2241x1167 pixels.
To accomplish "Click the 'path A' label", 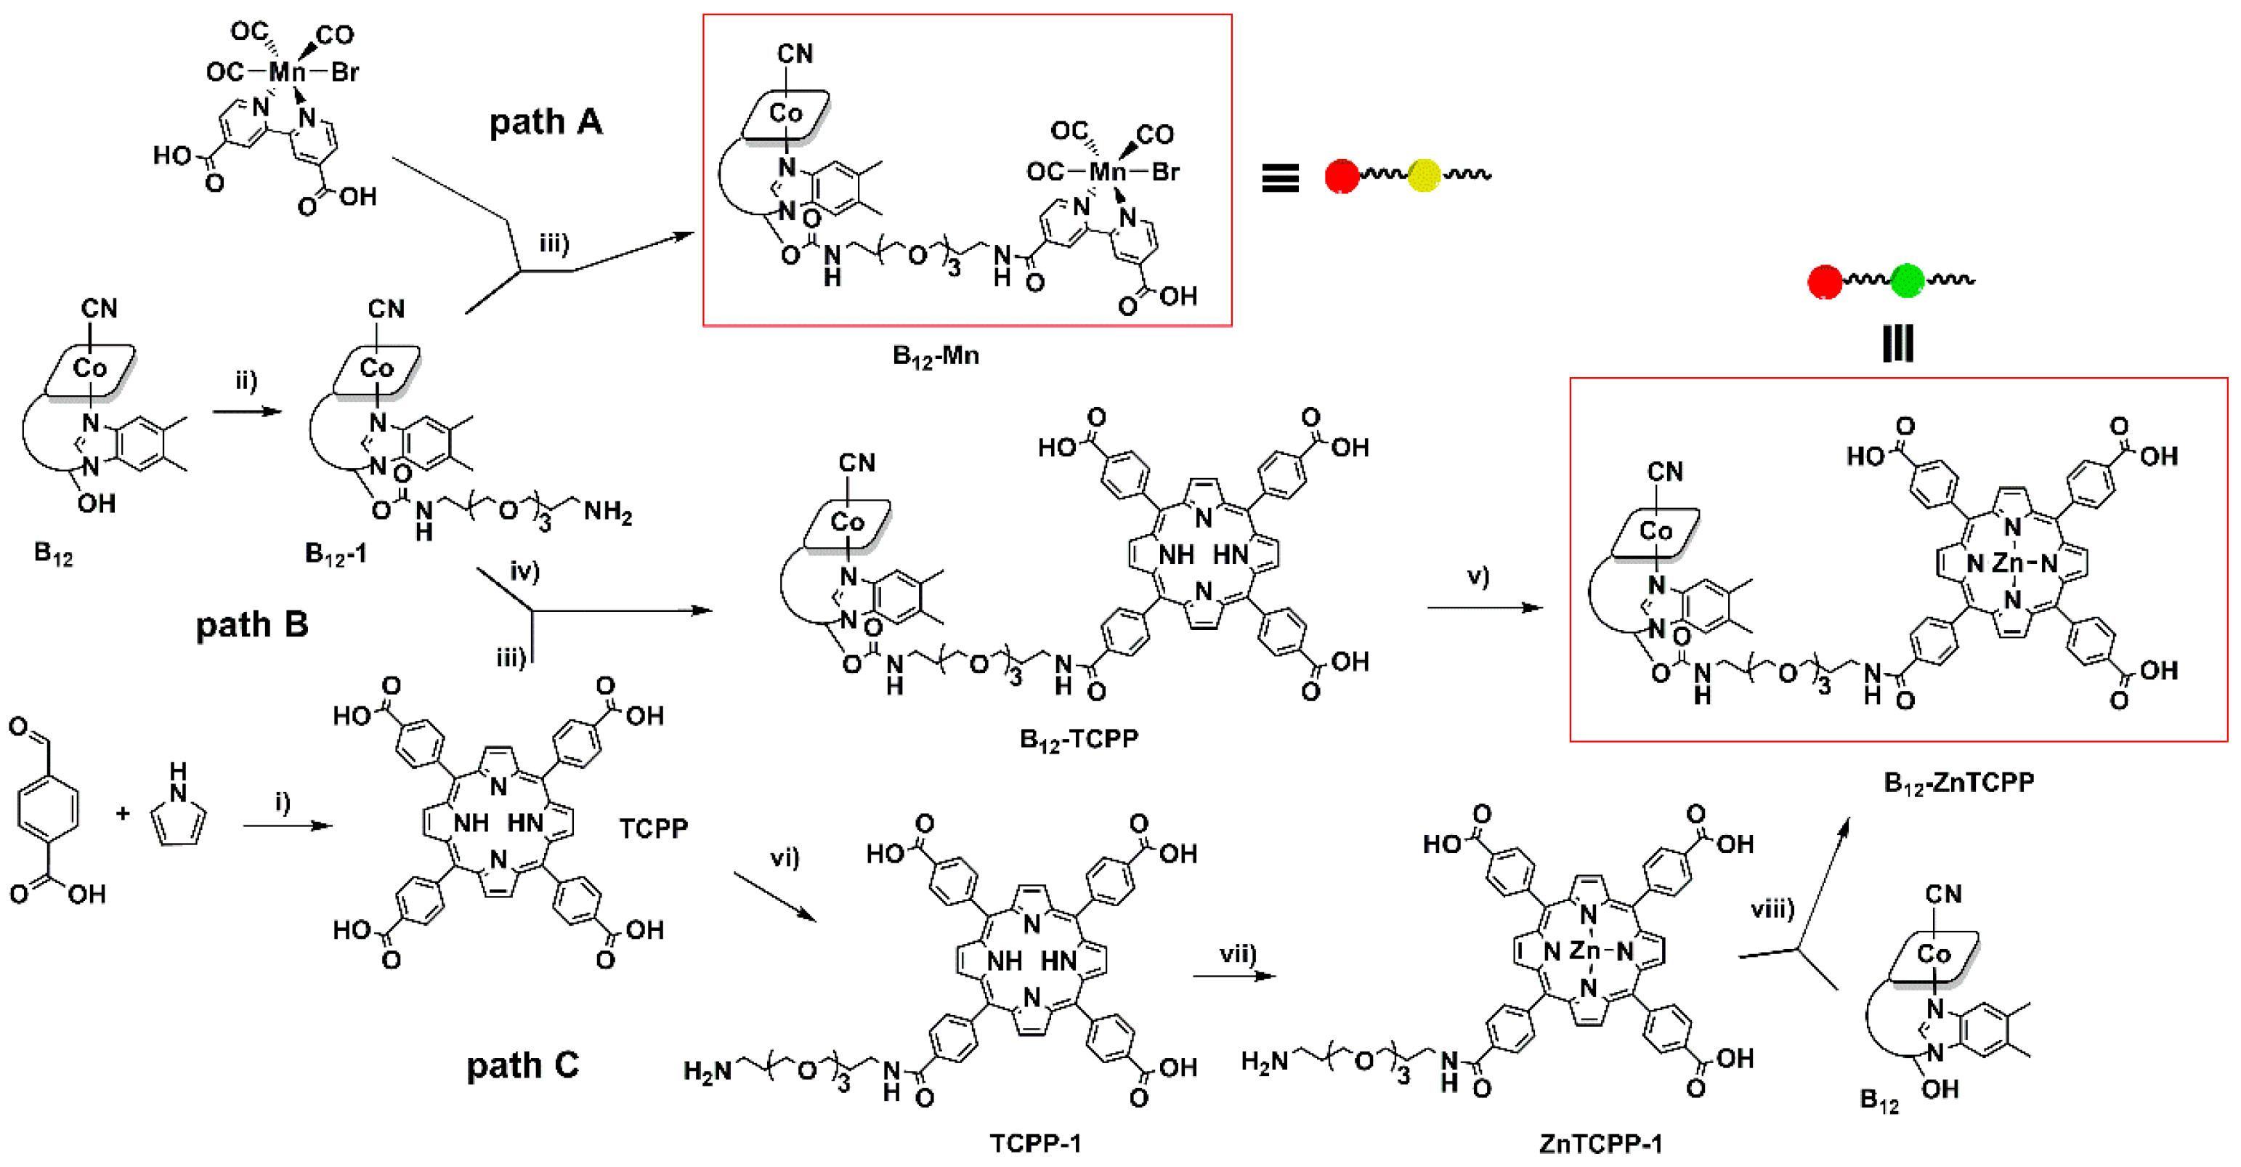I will tap(546, 122).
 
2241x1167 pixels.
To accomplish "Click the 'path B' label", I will tap(251, 624).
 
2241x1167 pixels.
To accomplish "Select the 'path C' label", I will tap(522, 1065).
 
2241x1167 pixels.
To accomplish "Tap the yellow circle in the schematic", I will tap(1423, 175).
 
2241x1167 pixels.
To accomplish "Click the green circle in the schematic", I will tap(1907, 280).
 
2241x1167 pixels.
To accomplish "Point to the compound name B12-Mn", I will tap(935, 356).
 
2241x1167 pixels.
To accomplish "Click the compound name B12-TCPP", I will tap(1078, 739).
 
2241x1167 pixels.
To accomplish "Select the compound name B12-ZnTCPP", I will tap(1958, 783).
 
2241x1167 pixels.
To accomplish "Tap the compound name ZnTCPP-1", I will tap(1600, 1142).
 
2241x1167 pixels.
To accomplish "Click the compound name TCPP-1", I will tap(1035, 1142).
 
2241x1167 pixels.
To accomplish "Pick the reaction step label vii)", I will tap(1237, 954).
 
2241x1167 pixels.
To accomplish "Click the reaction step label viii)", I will tap(1772, 910).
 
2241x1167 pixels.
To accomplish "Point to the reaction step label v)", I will tap(1478, 576).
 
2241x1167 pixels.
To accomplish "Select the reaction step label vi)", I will tap(784, 858).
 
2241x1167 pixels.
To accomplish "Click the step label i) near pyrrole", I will tap(283, 801).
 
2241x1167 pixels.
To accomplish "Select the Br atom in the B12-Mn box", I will tap(1165, 171).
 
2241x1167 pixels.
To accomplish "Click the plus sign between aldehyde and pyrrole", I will tap(123, 813).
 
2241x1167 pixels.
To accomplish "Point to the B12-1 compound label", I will tap(335, 554).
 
